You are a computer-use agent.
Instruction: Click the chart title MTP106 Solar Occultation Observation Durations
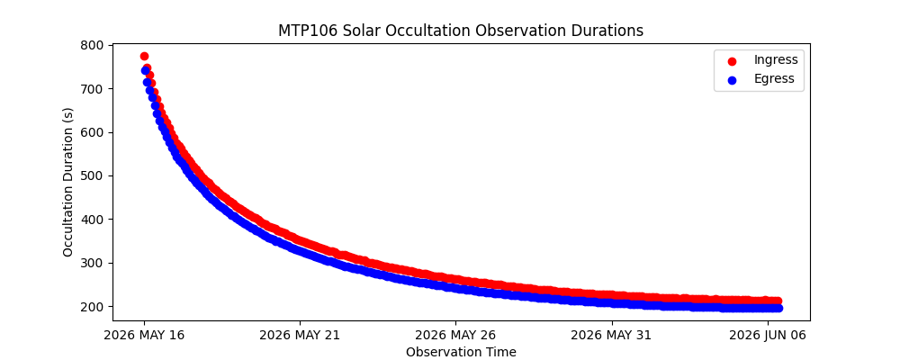(460, 31)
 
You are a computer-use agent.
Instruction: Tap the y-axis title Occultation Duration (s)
(68, 182)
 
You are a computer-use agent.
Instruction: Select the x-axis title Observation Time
(461, 352)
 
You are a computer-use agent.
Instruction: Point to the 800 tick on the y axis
(93, 45)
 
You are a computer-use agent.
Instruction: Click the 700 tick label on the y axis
(93, 88)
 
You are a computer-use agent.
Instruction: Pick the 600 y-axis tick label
(93, 132)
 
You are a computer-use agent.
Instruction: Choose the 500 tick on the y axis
(93, 175)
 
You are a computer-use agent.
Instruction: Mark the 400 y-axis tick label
(93, 220)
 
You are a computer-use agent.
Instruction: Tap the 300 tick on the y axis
(93, 263)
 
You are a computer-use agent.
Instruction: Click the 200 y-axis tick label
(93, 307)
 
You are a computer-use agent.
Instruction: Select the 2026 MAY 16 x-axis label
(144, 336)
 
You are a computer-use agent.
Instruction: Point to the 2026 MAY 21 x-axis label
(300, 336)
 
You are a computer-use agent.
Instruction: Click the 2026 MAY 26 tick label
(455, 336)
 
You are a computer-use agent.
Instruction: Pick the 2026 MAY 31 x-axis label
(612, 336)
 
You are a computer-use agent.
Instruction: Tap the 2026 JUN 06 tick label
(768, 336)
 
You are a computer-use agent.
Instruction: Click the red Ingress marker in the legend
(732, 60)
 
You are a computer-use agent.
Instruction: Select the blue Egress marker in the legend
(732, 79)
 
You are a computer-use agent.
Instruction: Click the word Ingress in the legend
(775, 60)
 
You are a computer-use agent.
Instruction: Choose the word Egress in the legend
(774, 79)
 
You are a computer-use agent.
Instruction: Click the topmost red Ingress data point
(144, 56)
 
